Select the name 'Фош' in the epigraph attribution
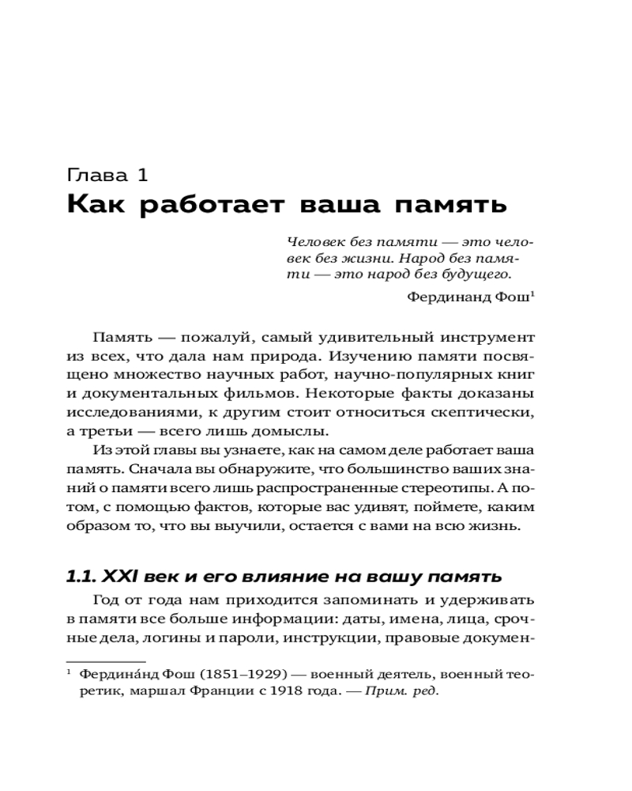pos(513,298)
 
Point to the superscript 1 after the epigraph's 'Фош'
pos(533,294)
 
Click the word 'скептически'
pos(481,412)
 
